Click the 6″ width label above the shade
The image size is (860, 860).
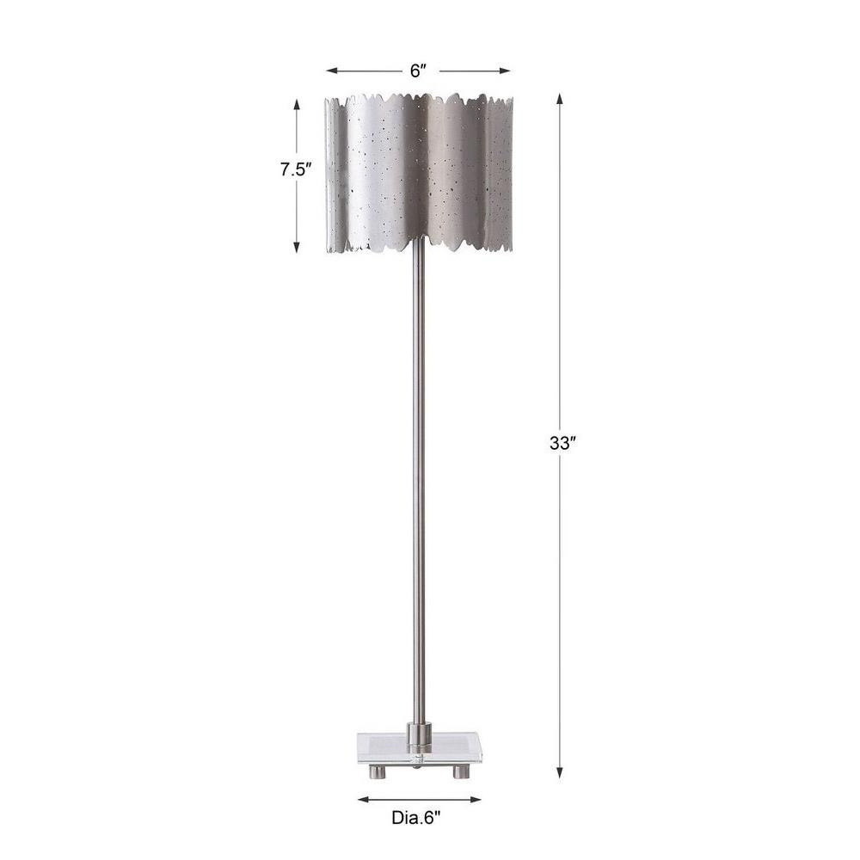[418, 71]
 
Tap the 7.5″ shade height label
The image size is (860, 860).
[296, 169]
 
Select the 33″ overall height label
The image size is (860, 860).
[562, 443]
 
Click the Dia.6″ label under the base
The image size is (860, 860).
[416, 818]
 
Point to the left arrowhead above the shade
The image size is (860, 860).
[331, 71]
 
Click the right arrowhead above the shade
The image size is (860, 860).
[506, 71]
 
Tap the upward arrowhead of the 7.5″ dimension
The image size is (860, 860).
[297, 104]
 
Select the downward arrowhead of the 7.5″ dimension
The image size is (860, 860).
[297, 248]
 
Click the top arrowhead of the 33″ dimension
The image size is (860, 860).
[560, 99]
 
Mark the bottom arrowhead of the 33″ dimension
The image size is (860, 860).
[560, 772]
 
